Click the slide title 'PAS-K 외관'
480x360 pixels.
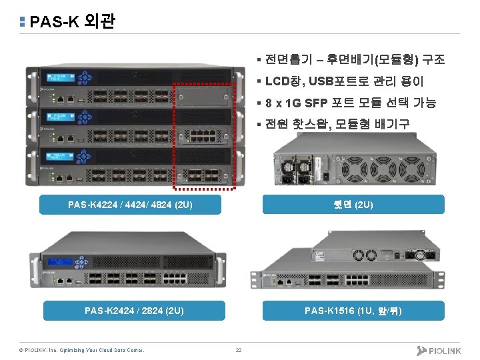(x=72, y=22)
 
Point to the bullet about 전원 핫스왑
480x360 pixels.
(x=337, y=124)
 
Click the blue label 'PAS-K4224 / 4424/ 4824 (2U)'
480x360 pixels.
(x=130, y=205)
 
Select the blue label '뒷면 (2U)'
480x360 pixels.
(x=353, y=205)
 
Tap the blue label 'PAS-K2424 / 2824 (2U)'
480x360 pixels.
(x=134, y=310)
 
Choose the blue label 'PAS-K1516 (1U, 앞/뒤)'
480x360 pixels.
(x=353, y=310)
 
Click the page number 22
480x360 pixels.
(x=238, y=350)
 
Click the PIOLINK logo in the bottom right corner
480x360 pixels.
(x=439, y=350)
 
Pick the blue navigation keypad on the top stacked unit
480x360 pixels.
(x=85, y=77)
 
